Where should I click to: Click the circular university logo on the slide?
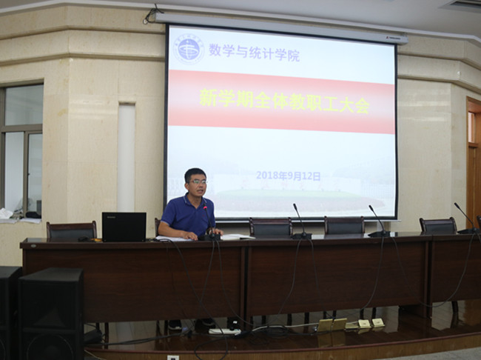[x=189, y=49]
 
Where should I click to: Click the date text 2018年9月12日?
[x=289, y=176]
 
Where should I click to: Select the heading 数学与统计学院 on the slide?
[x=255, y=52]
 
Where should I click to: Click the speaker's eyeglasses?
[x=198, y=181]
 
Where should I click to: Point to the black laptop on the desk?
[x=124, y=227]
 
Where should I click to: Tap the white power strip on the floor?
[x=225, y=331]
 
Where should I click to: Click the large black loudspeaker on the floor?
[x=51, y=313]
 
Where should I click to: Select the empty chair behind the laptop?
[x=72, y=230]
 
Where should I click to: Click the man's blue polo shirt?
[x=187, y=216]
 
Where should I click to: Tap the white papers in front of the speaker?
[x=172, y=239]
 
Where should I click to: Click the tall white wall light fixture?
[x=127, y=157]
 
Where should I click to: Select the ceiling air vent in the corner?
[x=461, y=5]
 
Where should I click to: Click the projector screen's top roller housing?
[x=282, y=28]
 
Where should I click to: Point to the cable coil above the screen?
[x=152, y=16]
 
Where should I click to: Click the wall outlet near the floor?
[x=172, y=358]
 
